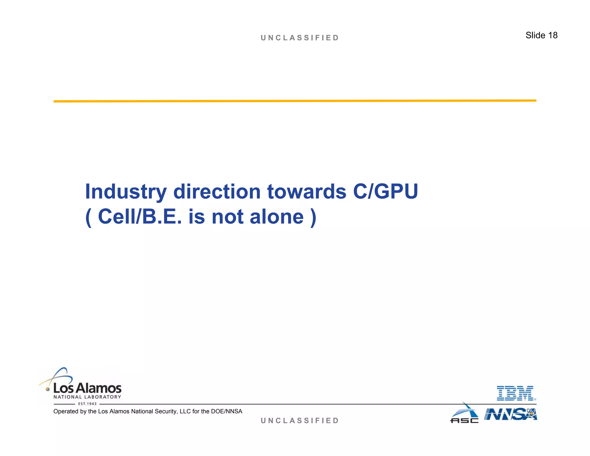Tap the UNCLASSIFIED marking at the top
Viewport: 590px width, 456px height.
point(300,38)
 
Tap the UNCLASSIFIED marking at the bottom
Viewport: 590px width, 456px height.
point(300,421)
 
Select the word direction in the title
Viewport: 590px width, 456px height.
point(217,192)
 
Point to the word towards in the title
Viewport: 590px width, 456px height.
point(307,192)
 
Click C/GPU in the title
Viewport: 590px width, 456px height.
point(385,192)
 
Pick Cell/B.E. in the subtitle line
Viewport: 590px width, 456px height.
point(140,217)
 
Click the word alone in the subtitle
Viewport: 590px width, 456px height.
point(277,217)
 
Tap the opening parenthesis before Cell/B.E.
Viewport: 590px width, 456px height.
point(88,217)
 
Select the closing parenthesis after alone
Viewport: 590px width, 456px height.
point(313,217)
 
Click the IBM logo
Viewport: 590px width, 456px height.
point(516,393)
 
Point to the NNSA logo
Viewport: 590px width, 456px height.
point(510,414)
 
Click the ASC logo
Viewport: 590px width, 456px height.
point(464,414)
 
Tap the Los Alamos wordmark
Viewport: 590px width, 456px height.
point(87,388)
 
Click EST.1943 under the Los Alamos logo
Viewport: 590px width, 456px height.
point(87,404)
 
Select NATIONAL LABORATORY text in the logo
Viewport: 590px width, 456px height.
point(87,397)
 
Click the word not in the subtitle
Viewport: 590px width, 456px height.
point(227,217)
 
